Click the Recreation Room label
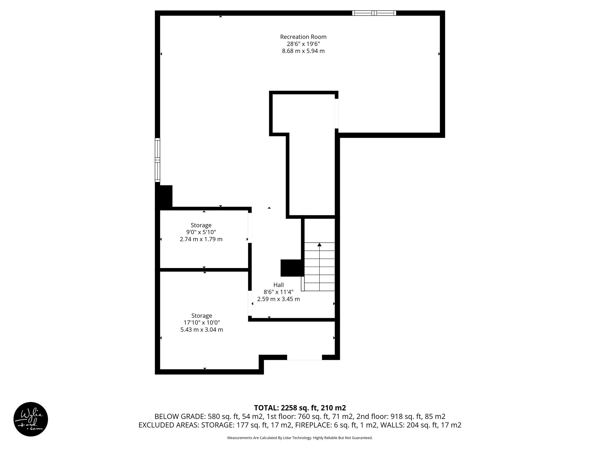(303, 37)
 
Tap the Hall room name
(278, 285)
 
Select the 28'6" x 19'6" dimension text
(303, 44)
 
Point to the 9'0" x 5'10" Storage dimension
(201, 232)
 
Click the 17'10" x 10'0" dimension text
(202, 323)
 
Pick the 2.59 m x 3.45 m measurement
(278, 299)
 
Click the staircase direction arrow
(319, 245)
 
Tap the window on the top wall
(374, 13)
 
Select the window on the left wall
(158, 160)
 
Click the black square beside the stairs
(291, 268)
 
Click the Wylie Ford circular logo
(31, 419)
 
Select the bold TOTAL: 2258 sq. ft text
(300, 408)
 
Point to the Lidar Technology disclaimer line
(300, 438)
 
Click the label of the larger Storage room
(202, 316)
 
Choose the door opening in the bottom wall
(304, 357)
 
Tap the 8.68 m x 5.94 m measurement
(303, 51)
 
